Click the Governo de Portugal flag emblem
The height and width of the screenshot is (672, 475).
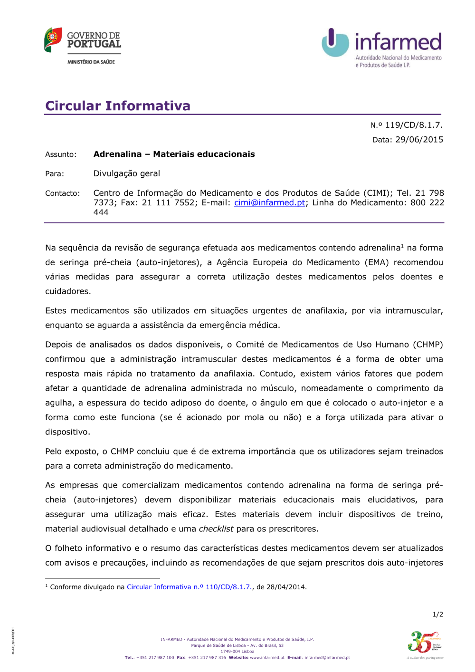pos(53,39)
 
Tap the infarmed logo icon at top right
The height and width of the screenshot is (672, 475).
pos(335,42)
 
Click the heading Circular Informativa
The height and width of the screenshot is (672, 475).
pos(118,106)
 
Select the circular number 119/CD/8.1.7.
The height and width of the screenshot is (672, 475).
pos(414,125)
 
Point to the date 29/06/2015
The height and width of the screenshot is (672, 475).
pos(419,140)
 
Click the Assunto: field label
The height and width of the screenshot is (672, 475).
pos(61,154)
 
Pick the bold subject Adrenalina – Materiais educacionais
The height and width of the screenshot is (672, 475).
pos(174,154)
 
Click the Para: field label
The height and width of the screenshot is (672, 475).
pos(55,174)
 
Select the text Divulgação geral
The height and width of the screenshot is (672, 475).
pos(127,173)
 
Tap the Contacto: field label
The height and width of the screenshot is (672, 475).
pos(63,193)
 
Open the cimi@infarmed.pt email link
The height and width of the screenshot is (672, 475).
pos(269,202)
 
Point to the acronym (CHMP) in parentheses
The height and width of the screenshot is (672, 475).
pos(428,345)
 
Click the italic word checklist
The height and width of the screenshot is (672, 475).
pos(216,529)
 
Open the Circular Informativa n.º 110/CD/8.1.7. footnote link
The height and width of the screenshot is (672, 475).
pos(190,587)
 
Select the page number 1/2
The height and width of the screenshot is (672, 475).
pos(437,614)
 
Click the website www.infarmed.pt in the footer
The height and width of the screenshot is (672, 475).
pos(267,658)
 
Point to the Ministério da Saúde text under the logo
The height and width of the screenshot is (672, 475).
pos(91,62)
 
